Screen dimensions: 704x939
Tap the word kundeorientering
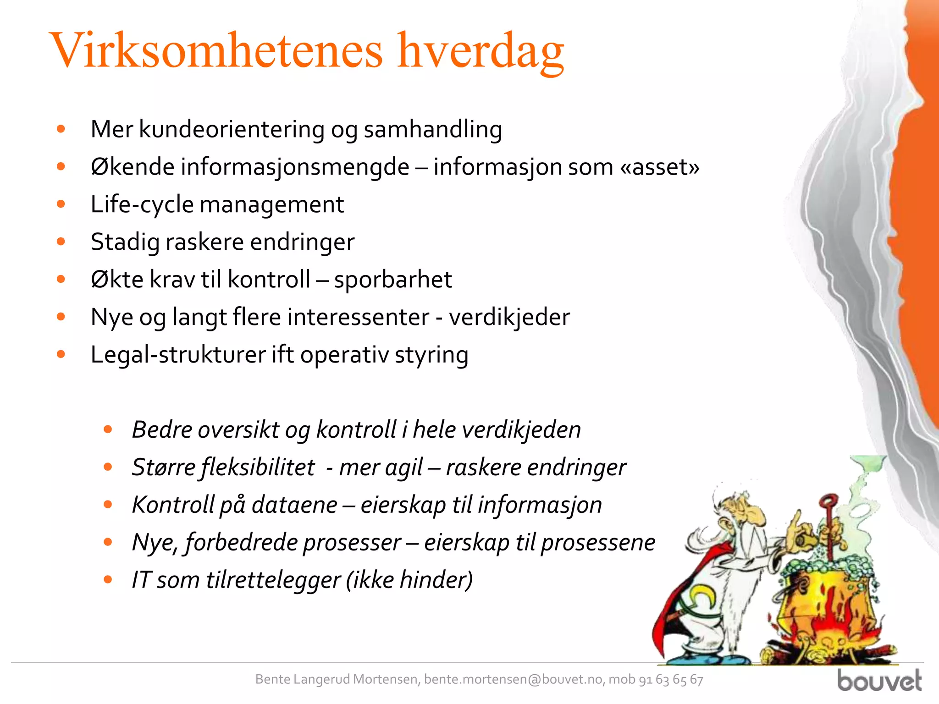coord(232,129)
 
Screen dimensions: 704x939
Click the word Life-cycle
coord(142,204)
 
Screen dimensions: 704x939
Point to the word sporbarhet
coord(393,280)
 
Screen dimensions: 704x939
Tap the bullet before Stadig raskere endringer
coord(61,242)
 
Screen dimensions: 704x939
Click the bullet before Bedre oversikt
coord(108,429)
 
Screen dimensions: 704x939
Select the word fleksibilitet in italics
coord(258,467)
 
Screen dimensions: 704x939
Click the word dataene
coord(294,505)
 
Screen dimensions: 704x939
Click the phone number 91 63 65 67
coord(671,679)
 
